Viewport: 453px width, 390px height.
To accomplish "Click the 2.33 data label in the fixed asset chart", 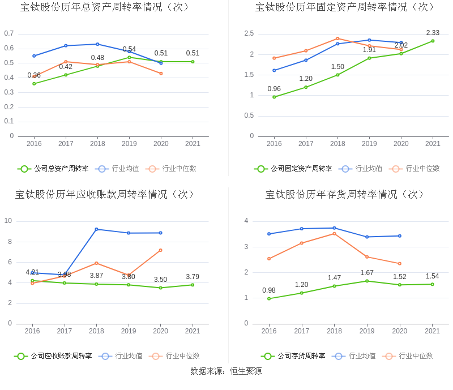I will (x=433, y=33).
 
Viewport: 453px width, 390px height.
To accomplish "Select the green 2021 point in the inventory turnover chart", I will (x=432, y=284).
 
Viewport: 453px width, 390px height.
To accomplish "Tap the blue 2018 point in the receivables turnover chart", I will (x=96, y=229).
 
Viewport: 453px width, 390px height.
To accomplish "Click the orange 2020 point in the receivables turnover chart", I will (x=160, y=250).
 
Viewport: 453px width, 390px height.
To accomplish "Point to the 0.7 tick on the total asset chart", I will (x=8, y=33).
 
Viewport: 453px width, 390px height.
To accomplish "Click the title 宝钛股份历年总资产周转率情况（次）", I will (x=105, y=7).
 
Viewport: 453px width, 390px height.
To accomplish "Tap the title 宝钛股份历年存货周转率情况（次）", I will (x=345, y=195).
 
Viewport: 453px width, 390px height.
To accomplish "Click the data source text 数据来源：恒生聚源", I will (x=226, y=371).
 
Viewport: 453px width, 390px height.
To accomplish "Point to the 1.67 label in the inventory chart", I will (x=367, y=273).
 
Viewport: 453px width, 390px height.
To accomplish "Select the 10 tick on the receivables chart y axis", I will (x=8, y=221).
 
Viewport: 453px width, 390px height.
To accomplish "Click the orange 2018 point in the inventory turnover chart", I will (x=334, y=233).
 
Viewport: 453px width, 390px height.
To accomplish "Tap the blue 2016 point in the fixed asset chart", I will (x=274, y=70).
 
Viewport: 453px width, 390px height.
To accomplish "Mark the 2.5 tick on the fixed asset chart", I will (x=249, y=34).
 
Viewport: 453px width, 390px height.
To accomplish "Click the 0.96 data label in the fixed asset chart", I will (x=274, y=89).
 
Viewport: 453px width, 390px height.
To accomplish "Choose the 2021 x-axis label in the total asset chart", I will (x=193, y=144).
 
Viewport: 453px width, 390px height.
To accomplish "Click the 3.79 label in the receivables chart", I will (x=193, y=277).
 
